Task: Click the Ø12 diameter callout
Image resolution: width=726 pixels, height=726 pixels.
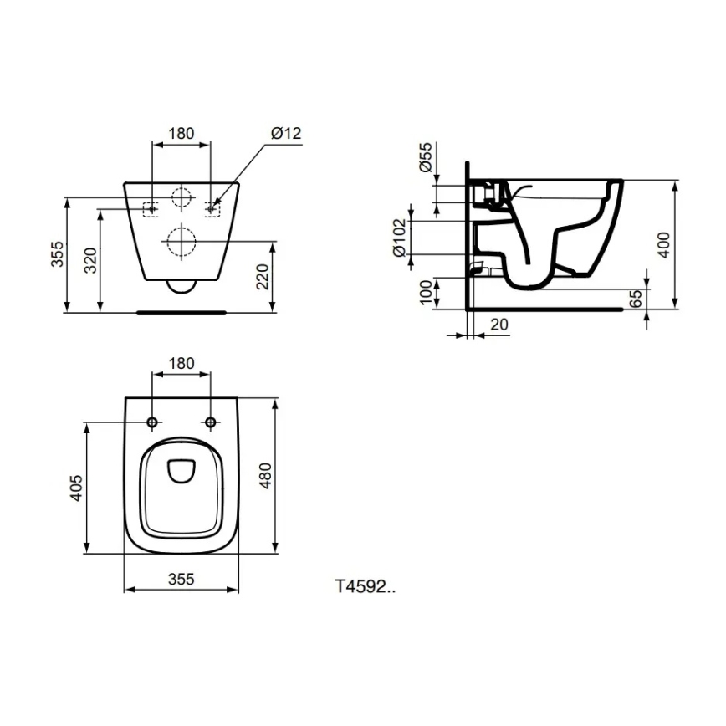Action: pos(286,134)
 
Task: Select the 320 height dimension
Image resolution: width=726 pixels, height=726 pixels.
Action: pos(91,261)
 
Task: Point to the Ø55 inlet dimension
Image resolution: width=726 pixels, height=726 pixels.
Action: pos(426,158)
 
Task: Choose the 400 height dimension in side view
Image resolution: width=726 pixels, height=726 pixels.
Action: pos(664,244)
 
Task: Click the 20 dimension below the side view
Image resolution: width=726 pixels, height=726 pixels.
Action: pos(499,325)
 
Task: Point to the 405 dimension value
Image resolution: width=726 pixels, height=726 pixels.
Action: pos(75,488)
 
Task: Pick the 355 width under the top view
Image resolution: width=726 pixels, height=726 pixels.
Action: pos(181,578)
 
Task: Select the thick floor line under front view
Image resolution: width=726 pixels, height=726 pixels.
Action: pos(181,312)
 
